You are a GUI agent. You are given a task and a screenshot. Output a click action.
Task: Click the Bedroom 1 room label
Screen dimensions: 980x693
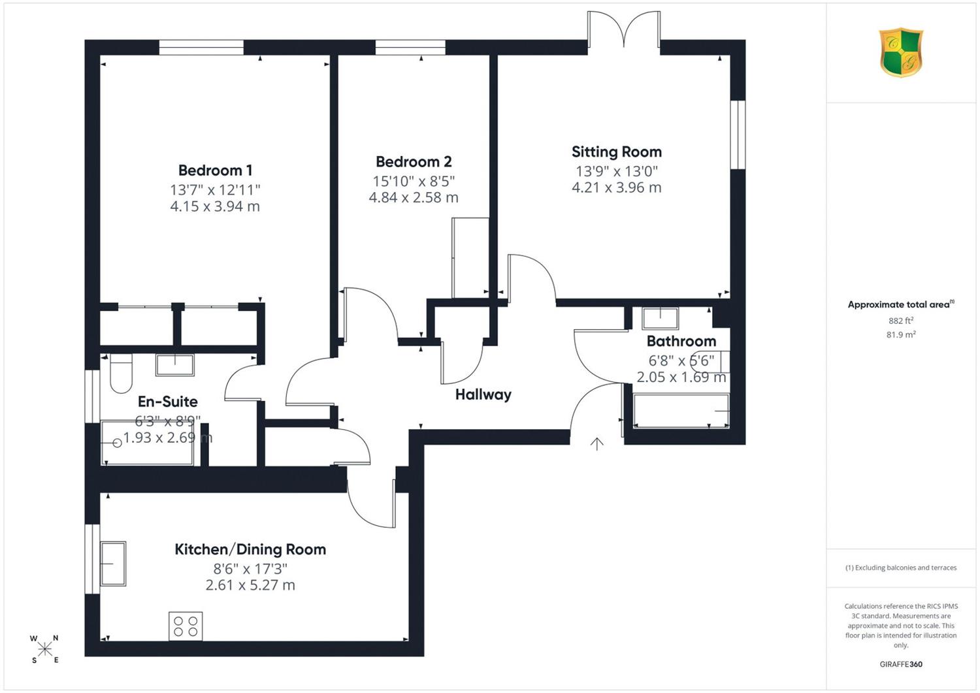[215, 170]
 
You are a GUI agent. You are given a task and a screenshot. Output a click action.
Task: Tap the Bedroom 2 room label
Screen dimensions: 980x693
[414, 162]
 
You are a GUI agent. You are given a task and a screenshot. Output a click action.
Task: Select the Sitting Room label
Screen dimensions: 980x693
[617, 152]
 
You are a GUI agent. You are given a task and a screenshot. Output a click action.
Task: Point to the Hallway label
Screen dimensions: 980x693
[483, 395]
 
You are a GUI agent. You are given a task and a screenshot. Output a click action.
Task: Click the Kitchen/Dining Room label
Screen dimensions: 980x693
[250, 549]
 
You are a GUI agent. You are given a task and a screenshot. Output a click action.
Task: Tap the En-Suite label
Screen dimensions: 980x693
[167, 402]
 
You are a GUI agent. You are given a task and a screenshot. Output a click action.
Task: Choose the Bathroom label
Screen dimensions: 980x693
[681, 341]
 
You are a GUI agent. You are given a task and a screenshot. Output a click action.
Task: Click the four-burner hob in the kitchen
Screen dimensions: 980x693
[186, 626]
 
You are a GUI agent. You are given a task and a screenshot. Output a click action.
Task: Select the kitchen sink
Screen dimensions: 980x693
[113, 564]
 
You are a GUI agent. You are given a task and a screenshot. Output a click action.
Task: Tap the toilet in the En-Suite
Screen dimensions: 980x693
[121, 373]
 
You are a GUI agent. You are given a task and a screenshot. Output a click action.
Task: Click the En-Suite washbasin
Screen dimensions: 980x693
[175, 365]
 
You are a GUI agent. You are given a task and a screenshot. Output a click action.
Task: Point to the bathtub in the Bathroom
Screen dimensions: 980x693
[681, 411]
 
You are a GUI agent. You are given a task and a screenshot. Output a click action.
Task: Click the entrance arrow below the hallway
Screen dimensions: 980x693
[596, 443]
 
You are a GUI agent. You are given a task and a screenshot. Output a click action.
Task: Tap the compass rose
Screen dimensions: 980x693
[44, 649]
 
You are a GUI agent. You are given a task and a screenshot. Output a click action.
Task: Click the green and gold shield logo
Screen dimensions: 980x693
[901, 52]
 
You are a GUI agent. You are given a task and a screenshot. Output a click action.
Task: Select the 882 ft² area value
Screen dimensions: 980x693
[901, 321]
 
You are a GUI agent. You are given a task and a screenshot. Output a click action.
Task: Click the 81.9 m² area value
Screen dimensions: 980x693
[901, 334]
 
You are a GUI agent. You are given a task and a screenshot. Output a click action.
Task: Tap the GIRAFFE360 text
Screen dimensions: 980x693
[901, 664]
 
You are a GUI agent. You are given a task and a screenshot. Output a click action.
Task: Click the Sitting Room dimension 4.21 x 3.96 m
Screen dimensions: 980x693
[617, 187]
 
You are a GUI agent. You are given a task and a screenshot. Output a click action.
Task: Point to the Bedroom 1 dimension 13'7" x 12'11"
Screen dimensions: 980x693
[215, 190]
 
